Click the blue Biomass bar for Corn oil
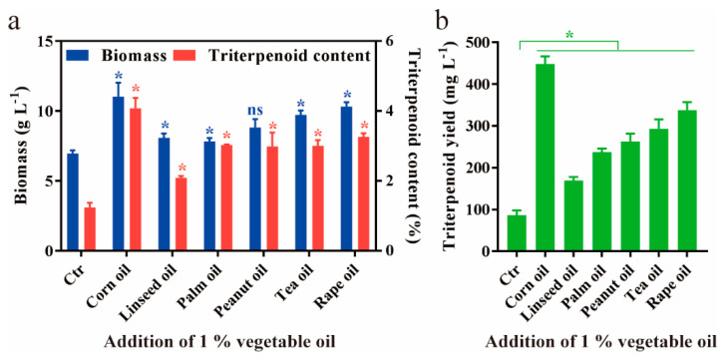pos(118,174)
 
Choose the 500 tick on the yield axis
pos(486,42)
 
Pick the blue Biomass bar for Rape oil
pos(346,179)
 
